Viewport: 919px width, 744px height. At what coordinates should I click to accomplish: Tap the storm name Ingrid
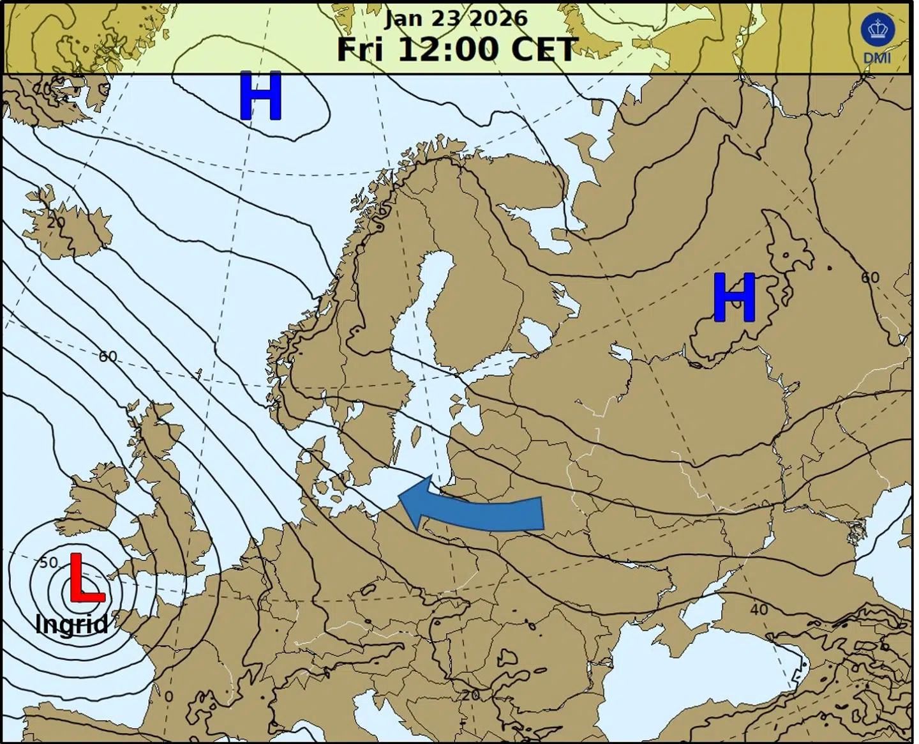pos(71,624)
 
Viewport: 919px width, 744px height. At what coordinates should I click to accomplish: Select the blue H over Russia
pos(734,298)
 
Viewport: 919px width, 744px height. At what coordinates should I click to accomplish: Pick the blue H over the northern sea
pos(260,96)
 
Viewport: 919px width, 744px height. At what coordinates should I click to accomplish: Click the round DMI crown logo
pos(878,30)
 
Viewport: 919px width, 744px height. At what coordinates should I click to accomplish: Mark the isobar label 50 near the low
pos(49,563)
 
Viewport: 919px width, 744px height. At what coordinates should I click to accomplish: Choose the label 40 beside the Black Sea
pos(759,609)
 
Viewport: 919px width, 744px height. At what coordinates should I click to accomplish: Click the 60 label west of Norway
pos(108,356)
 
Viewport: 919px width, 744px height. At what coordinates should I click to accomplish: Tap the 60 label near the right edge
pos(870,277)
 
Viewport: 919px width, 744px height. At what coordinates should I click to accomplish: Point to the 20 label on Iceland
pos(56,222)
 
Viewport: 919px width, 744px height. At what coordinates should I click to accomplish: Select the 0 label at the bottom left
pos(168,696)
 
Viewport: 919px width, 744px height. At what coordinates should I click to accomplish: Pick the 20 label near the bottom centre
pos(470,695)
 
